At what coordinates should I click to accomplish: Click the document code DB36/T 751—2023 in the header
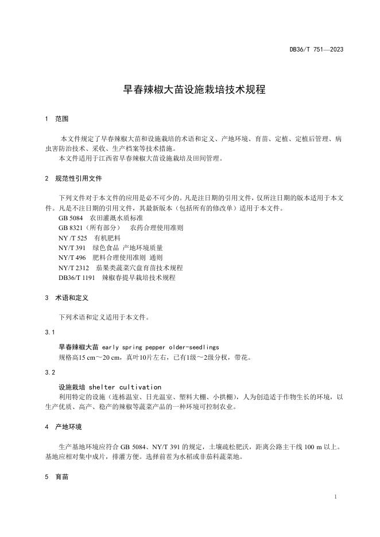coord(316,50)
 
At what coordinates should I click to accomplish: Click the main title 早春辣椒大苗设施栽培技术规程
coord(190,89)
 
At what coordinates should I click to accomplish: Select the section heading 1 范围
coord(57,119)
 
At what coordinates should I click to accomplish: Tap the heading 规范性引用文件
coord(79,178)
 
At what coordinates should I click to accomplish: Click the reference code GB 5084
coord(71,218)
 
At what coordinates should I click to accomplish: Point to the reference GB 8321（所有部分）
coord(88,228)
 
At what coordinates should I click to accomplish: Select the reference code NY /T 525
coord(72,238)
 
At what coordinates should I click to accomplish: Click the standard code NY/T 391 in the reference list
coord(72,248)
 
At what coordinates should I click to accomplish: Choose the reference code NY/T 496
coord(72,258)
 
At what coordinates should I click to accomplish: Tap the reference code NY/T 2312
coord(73,267)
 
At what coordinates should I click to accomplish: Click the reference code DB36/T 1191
coord(77,277)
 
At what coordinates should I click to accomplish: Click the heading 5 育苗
coord(57,476)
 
